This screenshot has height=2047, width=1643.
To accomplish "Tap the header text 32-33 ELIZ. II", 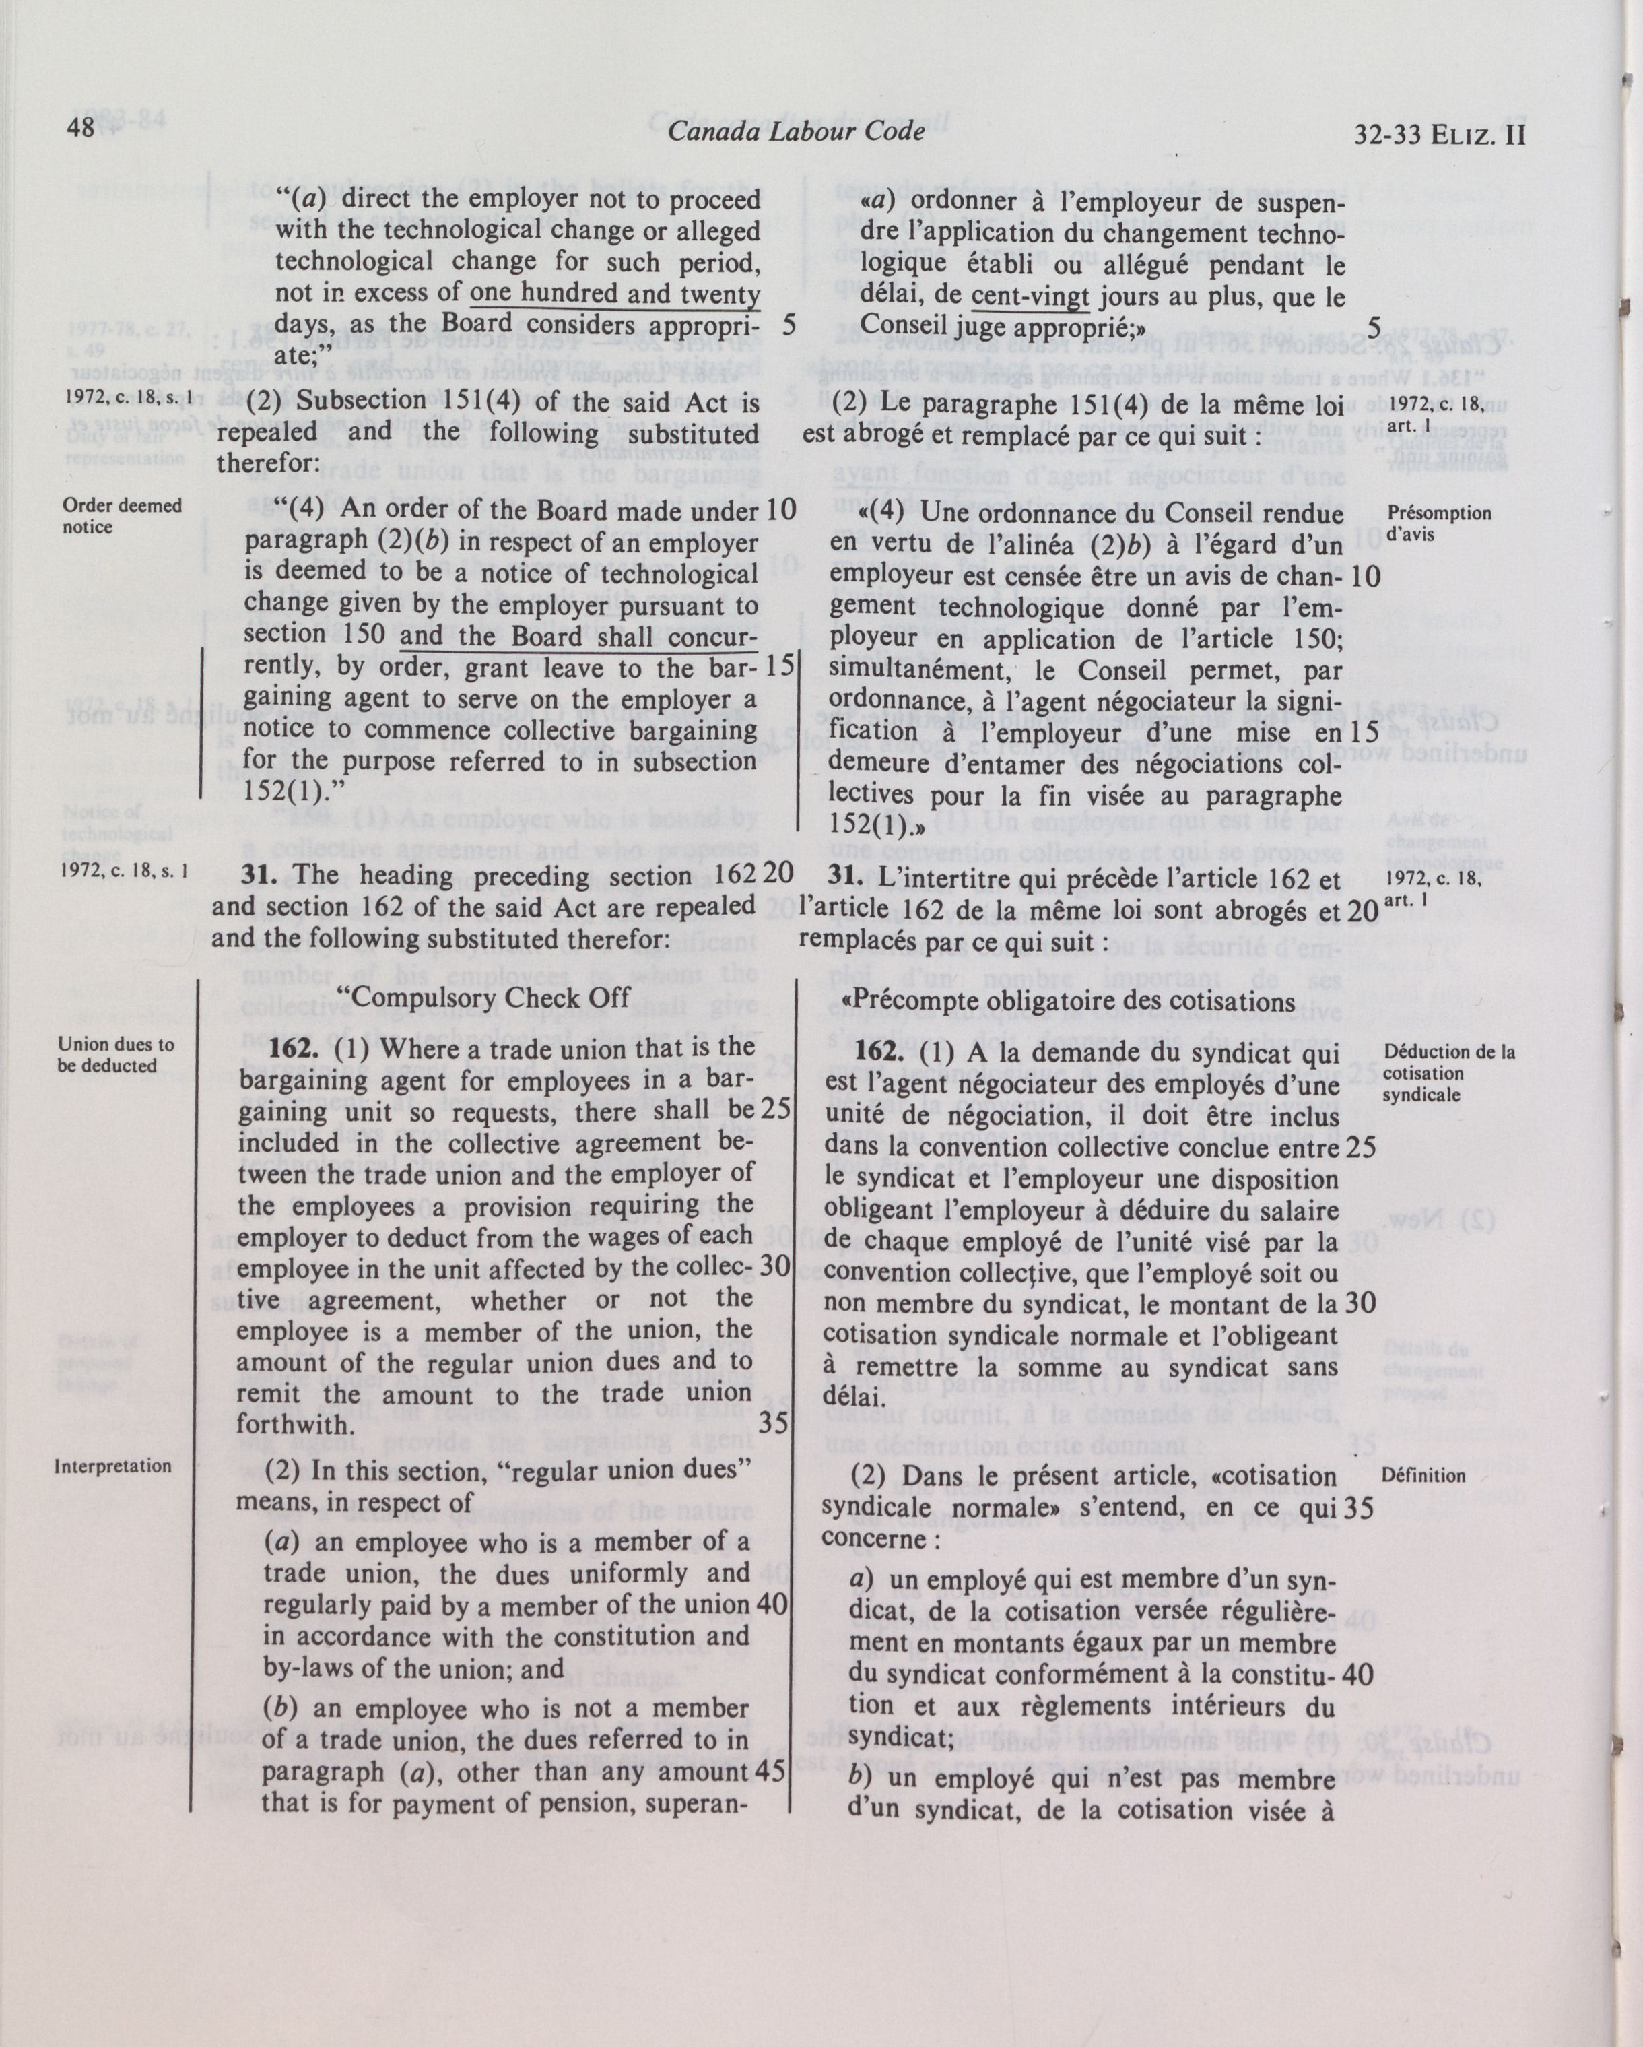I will pos(1441,134).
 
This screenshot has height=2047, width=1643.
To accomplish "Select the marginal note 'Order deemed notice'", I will pos(121,515).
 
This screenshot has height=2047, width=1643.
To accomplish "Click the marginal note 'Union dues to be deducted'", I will pos(116,1054).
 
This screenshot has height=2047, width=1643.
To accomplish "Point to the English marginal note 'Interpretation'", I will pos(113,1465).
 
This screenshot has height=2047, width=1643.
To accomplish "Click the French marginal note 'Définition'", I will pos(1426,1475).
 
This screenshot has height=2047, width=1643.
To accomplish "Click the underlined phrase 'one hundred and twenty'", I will pos(615,294).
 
